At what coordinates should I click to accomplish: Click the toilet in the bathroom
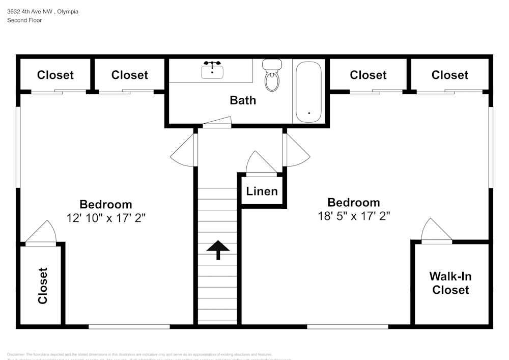point(272,76)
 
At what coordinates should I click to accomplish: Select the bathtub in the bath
point(309,92)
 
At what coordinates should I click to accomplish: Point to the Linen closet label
point(262,191)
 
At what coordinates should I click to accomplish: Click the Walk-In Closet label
point(450,283)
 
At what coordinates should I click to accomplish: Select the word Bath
point(243,100)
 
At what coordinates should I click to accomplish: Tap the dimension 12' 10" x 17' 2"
point(106,217)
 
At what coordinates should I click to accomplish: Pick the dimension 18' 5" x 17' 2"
point(354,215)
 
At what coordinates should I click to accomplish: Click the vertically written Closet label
point(43,286)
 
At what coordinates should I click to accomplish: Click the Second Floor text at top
point(24,20)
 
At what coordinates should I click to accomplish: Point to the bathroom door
point(216,122)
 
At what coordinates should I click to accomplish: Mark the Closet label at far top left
point(55,75)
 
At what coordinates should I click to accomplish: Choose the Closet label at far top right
point(449,75)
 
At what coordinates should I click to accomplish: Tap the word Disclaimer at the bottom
point(16,354)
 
